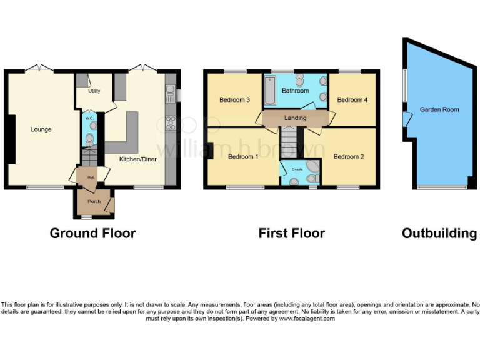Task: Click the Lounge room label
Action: [x=41, y=129]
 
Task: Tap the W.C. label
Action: [x=89, y=117]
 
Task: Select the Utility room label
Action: [x=94, y=91]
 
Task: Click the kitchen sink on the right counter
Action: [x=170, y=95]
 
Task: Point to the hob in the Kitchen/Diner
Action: [x=170, y=124]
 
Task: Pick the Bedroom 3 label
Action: [x=234, y=100]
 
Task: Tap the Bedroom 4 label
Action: [x=352, y=100]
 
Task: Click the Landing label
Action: [x=295, y=118]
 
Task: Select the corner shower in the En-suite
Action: [x=312, y=171]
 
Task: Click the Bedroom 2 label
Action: [x=349, y=156]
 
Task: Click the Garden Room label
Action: [x=439, y=109]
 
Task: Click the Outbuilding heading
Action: [x=439, y=234]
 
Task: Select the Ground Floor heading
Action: [x=92, y=234]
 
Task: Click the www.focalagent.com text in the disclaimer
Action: [x=307, y=319]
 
